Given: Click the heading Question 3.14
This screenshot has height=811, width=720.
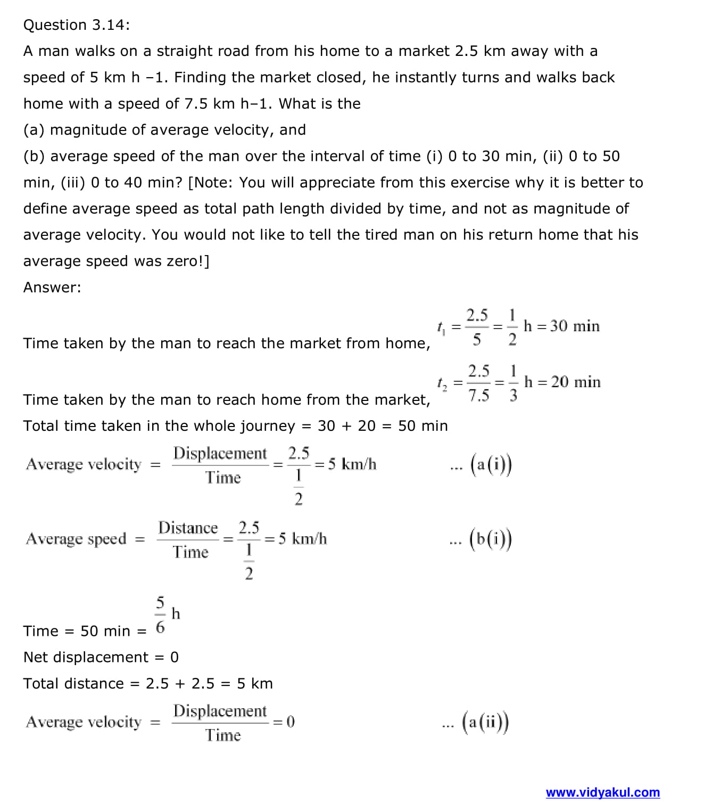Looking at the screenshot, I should [x=76, y=25].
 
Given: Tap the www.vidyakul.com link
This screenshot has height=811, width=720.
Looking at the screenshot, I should [x=602, y=792].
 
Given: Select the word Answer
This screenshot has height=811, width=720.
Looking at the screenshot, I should [x=52, y=288].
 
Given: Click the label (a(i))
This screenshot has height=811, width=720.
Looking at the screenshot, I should [x=491, y=465].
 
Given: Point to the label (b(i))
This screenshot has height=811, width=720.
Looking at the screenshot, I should [x=491, y=539].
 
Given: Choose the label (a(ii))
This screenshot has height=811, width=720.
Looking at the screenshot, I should [x=485, y=723].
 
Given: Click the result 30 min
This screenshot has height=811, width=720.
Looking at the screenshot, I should [x=575, y=326].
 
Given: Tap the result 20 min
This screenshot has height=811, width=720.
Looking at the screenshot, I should [x=576, y=382].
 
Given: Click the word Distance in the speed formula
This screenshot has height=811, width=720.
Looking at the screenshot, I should [x=188, y=528].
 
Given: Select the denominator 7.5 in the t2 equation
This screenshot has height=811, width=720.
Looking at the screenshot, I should [x=478, y=396].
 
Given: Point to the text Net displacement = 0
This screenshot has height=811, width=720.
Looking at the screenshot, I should [x=101, y=657].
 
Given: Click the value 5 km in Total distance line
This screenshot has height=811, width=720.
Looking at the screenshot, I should [x=254, y=684].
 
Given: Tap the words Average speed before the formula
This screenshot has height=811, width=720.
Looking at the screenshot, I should [x=76, y=539].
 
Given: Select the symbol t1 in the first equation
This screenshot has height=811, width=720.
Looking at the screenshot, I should [x=441, y=327].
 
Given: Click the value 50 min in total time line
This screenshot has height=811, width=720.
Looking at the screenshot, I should [x=423, y=426].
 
